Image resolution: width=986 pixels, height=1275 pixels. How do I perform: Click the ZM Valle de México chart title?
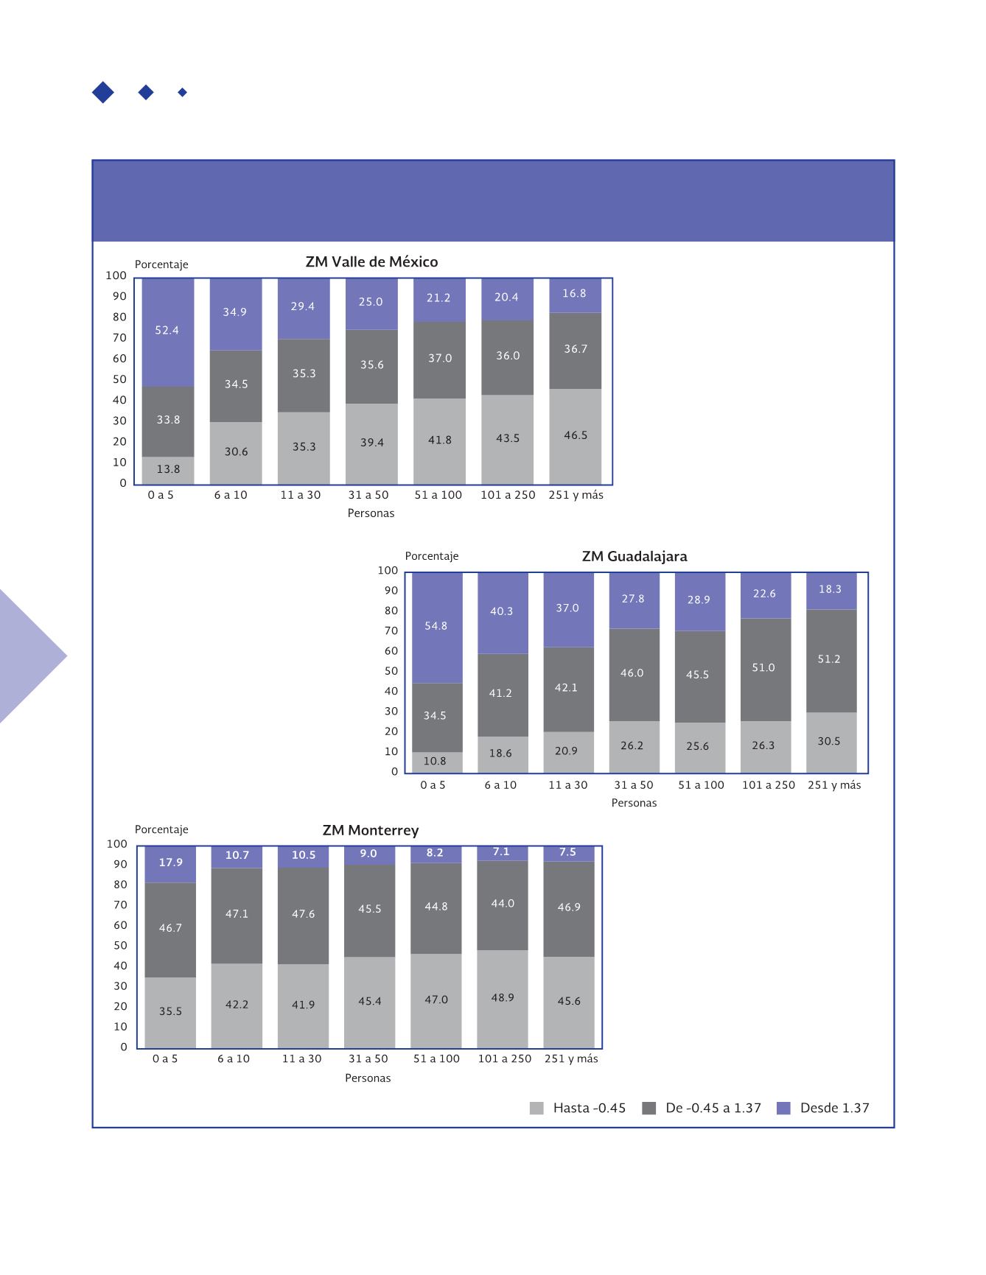(371, 262)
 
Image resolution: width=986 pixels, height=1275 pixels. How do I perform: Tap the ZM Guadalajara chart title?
(634, 556)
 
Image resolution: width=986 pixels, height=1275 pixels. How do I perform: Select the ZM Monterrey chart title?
(371, 830)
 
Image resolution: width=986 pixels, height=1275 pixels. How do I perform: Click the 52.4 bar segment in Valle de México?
(167, 332)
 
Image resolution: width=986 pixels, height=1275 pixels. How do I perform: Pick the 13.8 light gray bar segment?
(168, 470)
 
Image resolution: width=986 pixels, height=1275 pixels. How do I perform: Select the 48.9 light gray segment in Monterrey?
(503, 998)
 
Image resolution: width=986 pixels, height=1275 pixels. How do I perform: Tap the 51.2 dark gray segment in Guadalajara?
(830, 660)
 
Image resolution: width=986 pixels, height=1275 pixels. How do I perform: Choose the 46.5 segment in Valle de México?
(576, 436)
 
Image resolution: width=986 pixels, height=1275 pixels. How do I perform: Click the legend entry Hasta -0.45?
(578, 1108)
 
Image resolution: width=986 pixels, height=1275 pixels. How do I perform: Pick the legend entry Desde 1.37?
(824, 1108)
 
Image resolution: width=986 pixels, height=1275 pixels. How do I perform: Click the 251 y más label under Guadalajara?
(834, 785)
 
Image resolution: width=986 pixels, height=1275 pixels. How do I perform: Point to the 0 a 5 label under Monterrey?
(165, 1058)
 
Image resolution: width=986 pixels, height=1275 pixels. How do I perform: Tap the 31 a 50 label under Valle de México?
(368, 495)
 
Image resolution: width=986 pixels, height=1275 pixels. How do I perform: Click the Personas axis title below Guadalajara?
(634, 803)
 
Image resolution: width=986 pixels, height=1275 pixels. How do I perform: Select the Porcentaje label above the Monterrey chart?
(161, 829)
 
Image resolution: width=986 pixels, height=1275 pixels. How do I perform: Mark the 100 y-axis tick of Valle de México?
(116, 275)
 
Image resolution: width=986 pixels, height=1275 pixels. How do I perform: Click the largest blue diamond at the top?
(103, 92)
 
